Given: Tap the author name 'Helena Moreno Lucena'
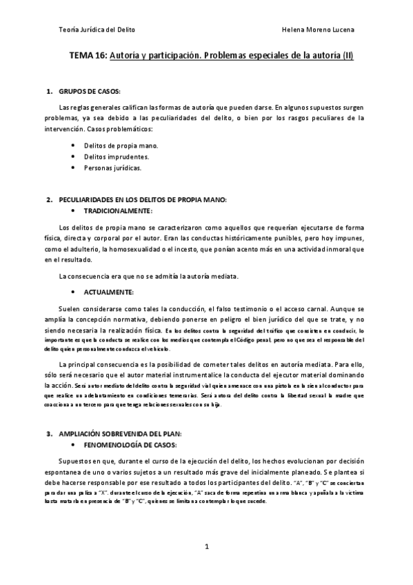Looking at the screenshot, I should [319, 30].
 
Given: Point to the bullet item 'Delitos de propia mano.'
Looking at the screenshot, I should [121, 146].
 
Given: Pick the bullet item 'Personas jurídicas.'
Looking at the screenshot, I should [113, 168].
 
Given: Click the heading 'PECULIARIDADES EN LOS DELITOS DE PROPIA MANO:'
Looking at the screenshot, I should [143, 200].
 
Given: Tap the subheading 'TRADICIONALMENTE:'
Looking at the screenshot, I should [118, 210].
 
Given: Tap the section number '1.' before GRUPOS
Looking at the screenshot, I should [49, 92].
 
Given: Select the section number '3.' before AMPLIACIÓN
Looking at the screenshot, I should [49, 434].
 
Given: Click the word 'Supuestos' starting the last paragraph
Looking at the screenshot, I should [77, 462].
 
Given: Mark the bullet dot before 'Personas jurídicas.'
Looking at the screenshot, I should [74, 168].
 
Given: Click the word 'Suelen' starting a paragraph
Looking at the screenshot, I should [72, 310].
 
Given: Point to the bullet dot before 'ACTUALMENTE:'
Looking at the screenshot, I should [74, 292].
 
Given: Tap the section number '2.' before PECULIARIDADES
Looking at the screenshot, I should [49, 200].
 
